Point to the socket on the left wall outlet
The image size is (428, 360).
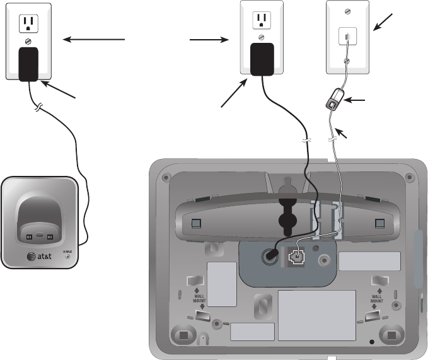pyautogui.click(x=27, y=23)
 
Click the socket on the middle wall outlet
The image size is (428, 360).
pyautogui.click(x=262, y=20)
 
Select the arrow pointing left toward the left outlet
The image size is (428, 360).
pyautogui.click(x=95, y=40)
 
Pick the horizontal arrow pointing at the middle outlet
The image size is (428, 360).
pyautogui.click(x=209, y=40)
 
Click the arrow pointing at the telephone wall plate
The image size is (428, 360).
pyautogui.click(x=385, y=21)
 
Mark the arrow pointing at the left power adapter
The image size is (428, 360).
pyautogui.click(x=60, y=90)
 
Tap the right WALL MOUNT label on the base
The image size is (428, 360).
pyautogui.click(x=377, y=296)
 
